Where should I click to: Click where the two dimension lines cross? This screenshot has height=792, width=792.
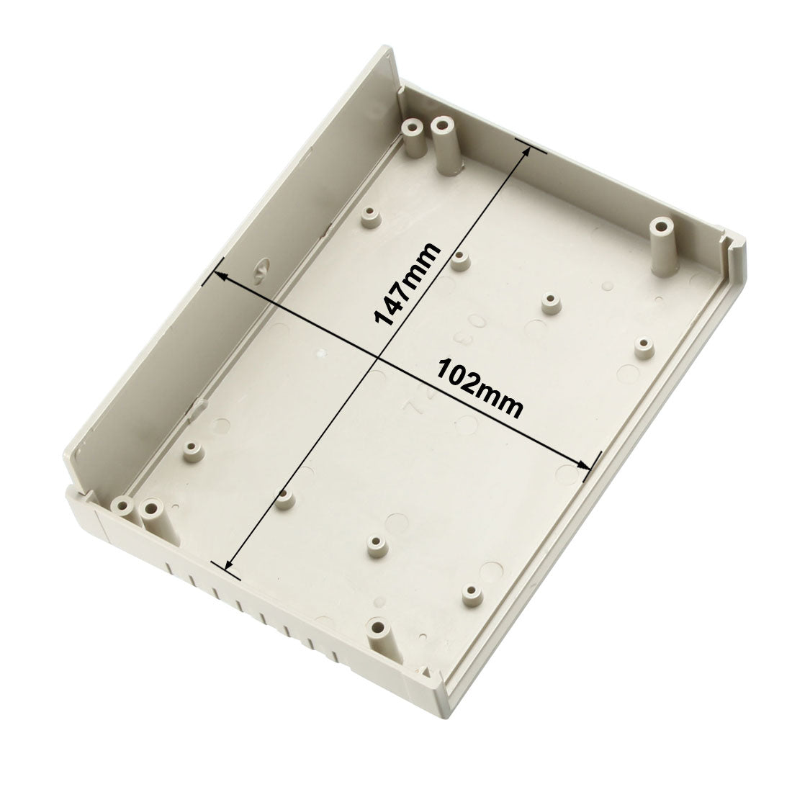(x=377, y=358)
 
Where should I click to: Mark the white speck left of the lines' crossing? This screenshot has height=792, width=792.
(x=321, y=354)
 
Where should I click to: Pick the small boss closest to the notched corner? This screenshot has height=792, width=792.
(x=644, y=346)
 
